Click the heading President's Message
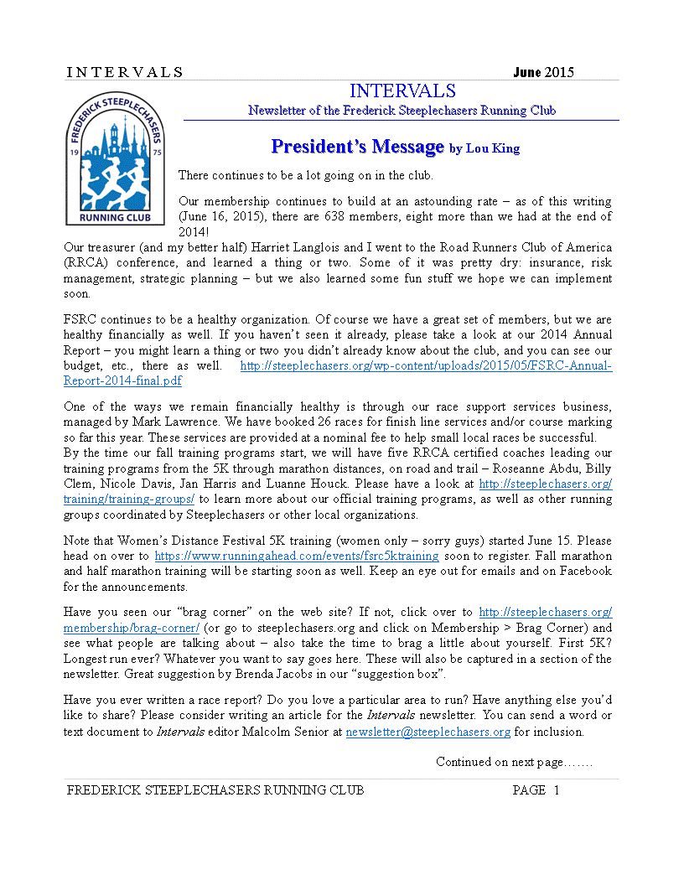pos(356,147)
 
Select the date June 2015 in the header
pos(543,72)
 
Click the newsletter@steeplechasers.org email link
pos(427,732)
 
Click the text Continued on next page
pos(514,762)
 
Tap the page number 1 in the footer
pos(556,790)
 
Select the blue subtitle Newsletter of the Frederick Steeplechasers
pos(402,111)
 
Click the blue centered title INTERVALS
pos(402,91)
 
